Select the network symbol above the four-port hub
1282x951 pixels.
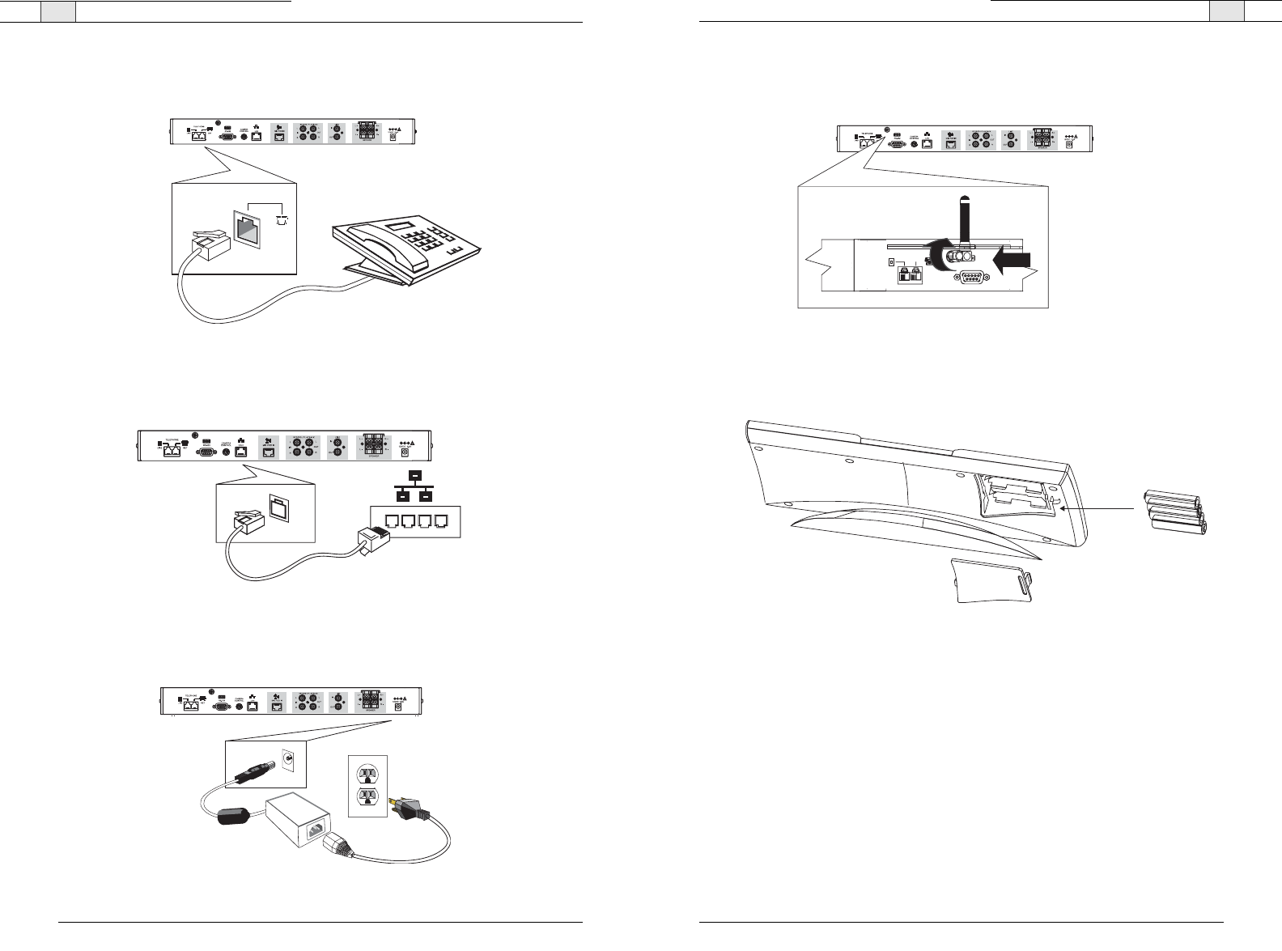pos(414,486)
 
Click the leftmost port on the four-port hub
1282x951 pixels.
pos(387,521)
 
